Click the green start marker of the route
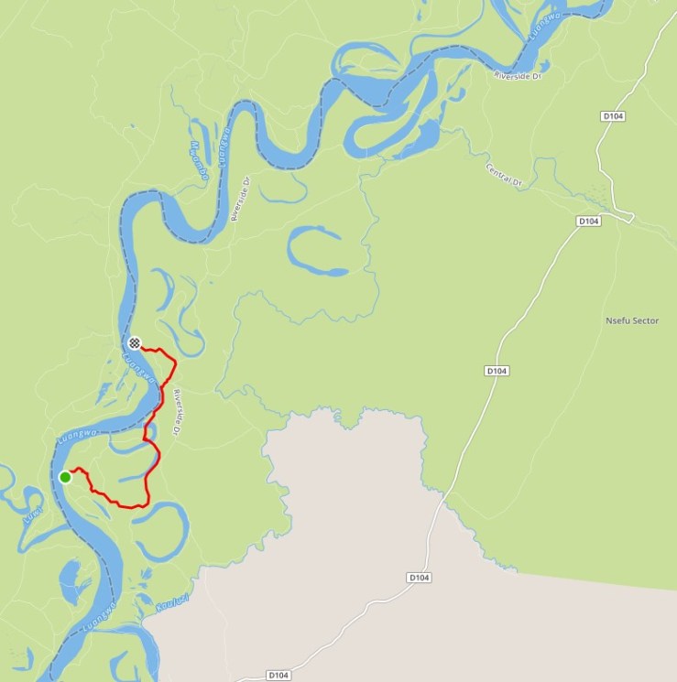[x=65, y=477]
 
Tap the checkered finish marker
[x=135, y=343]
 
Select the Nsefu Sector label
[x=632, y=321]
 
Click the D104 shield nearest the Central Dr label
[x=588, y=222]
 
